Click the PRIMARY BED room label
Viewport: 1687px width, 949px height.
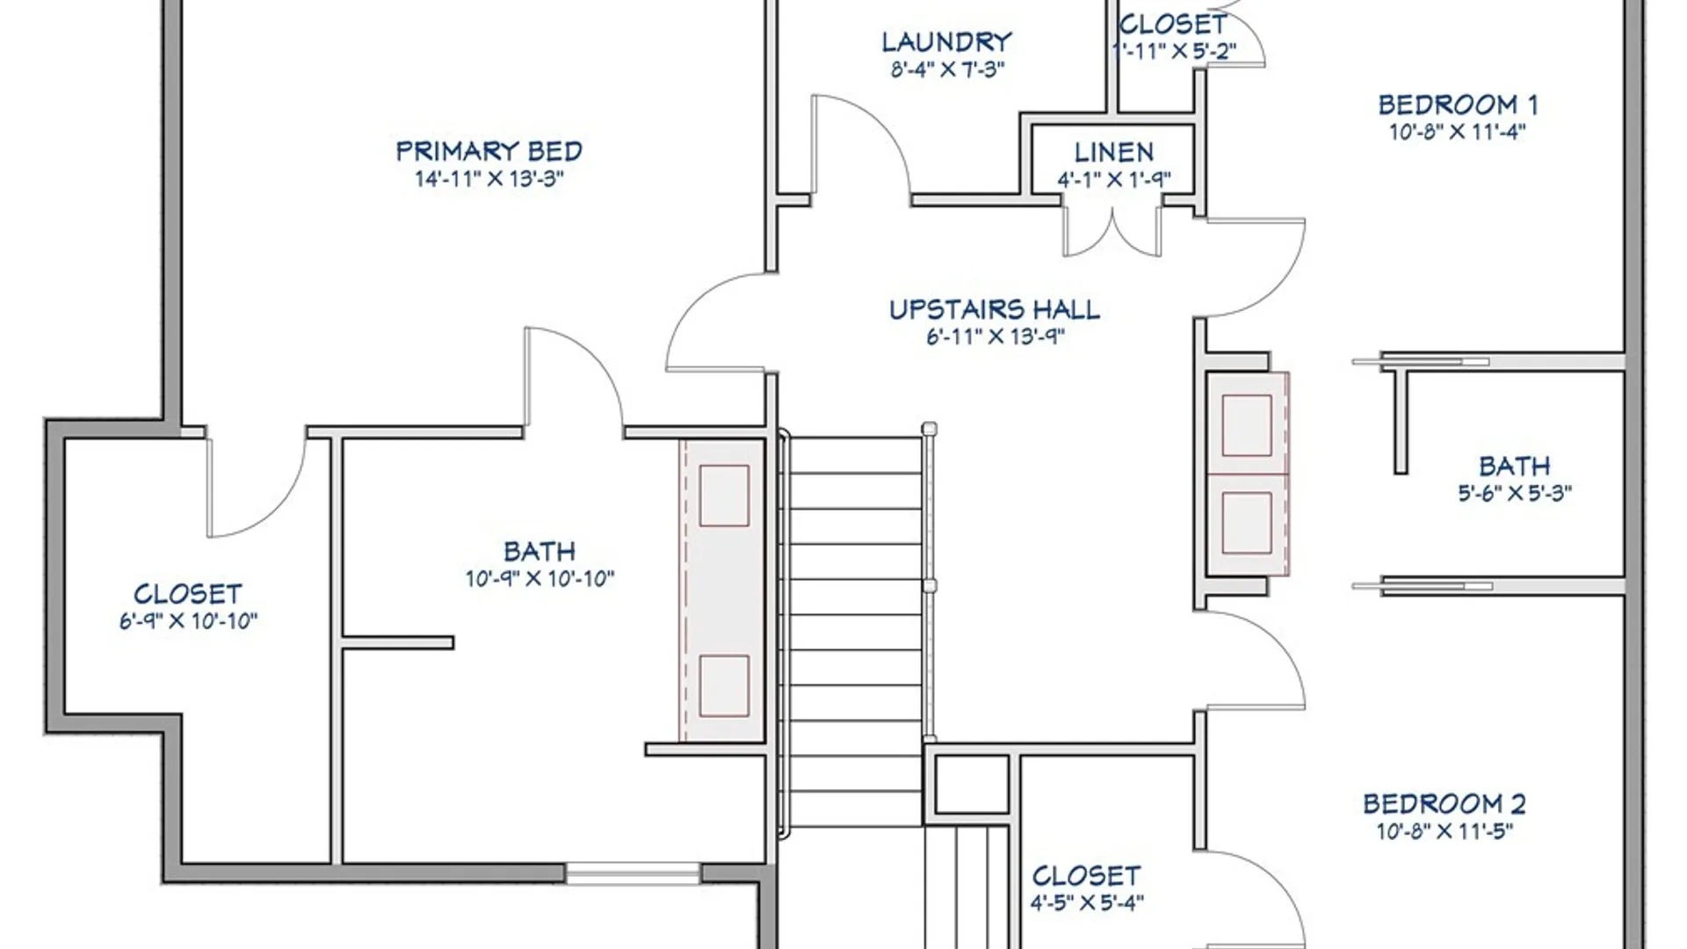(x=489, y=151)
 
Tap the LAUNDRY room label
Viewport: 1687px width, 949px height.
(x=947, y=41)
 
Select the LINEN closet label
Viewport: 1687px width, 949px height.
(x=1114, y=152)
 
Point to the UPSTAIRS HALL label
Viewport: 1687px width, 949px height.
(x=995, y=309)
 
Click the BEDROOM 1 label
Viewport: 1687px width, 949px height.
(x=1458, y=105)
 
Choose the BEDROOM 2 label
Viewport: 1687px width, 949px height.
(x=1444, y=803)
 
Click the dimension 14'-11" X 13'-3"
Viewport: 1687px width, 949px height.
(x=489, y=179)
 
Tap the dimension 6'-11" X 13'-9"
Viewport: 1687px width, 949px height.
(x=996, y=337)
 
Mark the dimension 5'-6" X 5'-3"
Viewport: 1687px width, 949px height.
(x=1515, y=493)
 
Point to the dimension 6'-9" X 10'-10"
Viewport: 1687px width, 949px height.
(x=188, y=621)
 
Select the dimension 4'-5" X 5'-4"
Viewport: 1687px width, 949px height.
(x=1087, y=902)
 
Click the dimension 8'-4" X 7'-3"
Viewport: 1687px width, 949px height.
(x=947, y=69)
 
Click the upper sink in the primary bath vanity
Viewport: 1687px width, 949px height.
(x=724, y=496)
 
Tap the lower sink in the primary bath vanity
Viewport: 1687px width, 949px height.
(x=724, y=685)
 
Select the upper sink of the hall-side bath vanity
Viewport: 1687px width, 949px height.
(x=1247, y=425)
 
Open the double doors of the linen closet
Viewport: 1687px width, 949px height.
(x=1112, y=230)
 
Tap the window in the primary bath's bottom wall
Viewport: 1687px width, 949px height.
(x=632, y=873)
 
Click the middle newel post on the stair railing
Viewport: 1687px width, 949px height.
(x=929, y=585)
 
